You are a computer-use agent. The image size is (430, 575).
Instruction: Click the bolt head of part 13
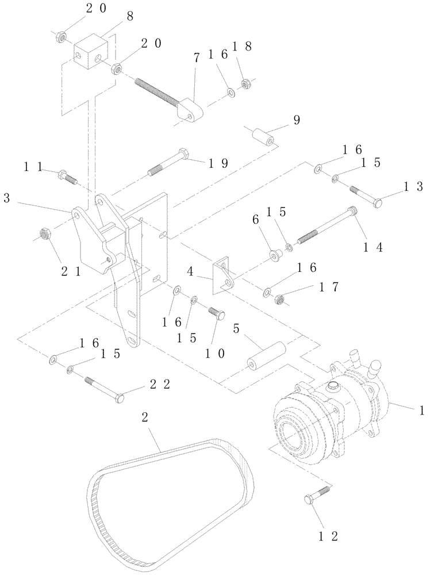click(376, 204)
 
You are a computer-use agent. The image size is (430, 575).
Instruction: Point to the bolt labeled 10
click(218, 315)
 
